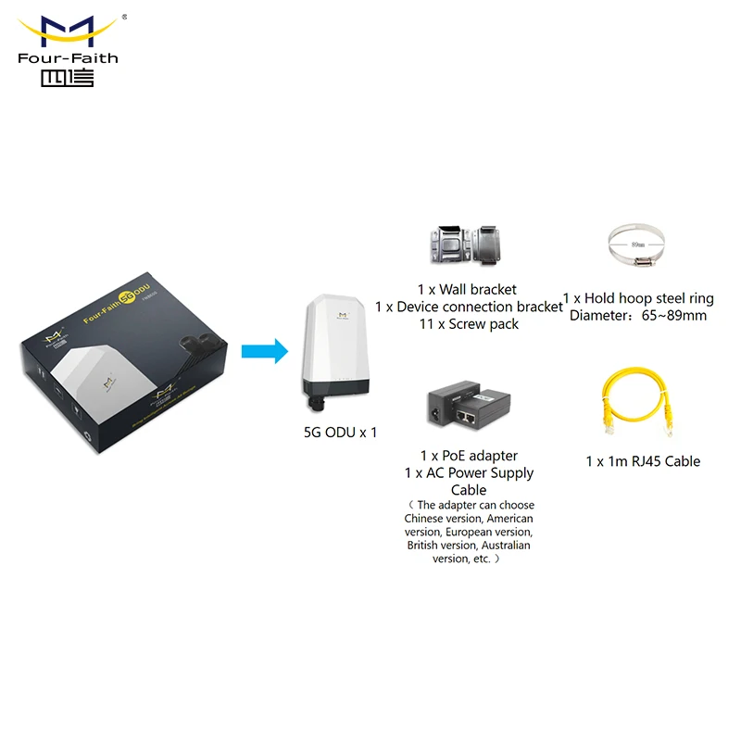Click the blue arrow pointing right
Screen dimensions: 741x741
(263, 351)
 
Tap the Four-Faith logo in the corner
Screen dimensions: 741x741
(68, 51)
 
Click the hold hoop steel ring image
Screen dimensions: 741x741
(637, 245)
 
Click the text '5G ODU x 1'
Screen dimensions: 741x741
(340, 432)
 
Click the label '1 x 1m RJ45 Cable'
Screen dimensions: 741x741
(643, 461)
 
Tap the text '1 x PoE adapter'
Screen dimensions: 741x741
(469, 456)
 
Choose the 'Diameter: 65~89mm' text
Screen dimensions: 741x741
(638, 316)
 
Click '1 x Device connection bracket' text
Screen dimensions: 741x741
(469, 307)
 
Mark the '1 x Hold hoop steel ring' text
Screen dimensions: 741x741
(638, 298)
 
